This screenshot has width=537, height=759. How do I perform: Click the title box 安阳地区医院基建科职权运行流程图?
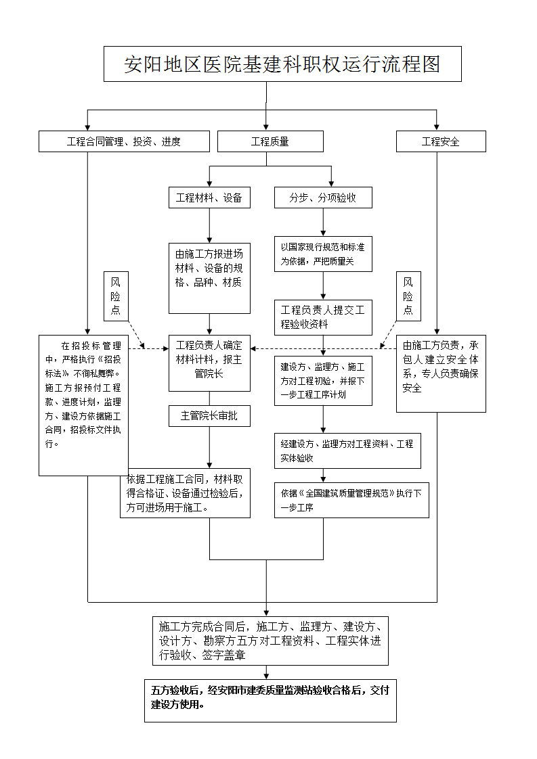(282, 64)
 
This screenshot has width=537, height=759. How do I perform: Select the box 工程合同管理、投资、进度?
(123, 141)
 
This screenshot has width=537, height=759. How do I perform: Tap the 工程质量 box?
(270, 141)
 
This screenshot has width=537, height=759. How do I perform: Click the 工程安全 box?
(440, 141)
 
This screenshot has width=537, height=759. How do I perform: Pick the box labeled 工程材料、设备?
(209, 198)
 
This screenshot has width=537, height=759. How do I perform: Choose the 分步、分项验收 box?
(322, 198)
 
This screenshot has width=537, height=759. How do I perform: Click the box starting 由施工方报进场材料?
(209, 269)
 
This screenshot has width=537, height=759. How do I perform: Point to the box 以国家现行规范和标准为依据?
(322, 254)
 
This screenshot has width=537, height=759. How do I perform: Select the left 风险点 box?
(116, 296)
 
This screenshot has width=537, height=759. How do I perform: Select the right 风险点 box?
(408, 296)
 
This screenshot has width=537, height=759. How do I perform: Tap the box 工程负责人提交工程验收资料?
(322, 317)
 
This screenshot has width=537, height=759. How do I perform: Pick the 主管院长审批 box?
(209, 416)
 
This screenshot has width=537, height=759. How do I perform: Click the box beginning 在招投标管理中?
(83, 405)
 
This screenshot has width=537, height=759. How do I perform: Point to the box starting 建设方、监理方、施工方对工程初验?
(322, 380)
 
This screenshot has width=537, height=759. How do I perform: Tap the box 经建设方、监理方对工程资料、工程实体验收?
(347, 451)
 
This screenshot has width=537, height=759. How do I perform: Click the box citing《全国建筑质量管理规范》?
(351, 500)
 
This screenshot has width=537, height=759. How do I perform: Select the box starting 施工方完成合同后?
(270, 640)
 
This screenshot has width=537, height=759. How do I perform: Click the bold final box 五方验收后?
(270, 698)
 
